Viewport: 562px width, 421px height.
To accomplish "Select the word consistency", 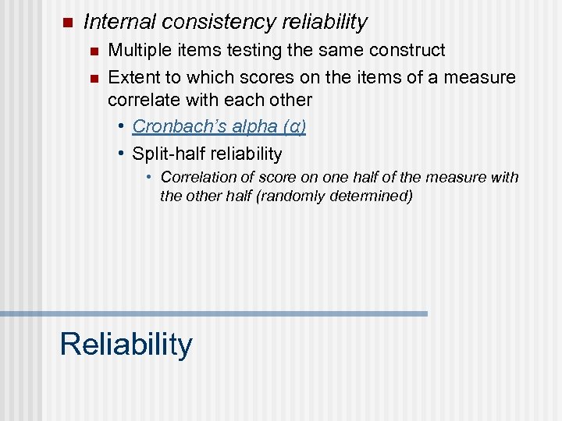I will pos(210,23).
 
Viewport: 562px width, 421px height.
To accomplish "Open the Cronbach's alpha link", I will pos(205,126).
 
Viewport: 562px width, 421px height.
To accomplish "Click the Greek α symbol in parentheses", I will pos(293,127).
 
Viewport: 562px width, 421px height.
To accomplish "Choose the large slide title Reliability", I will pos(126,344).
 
